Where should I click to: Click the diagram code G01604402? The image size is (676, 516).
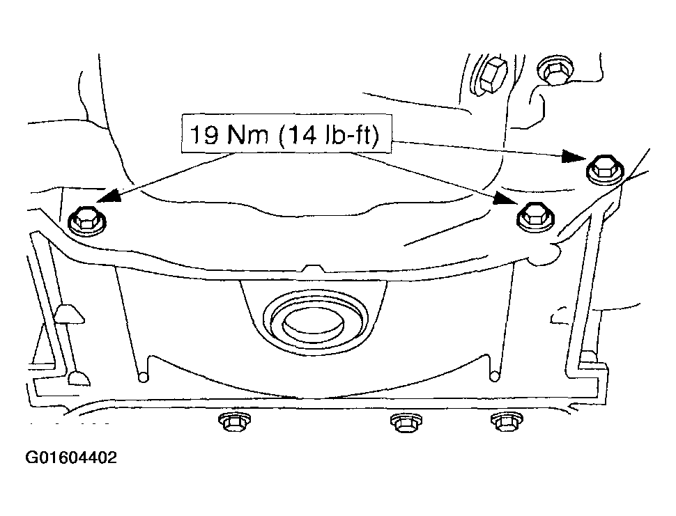[71, 457]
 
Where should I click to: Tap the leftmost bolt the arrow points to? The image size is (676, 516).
[87, 221]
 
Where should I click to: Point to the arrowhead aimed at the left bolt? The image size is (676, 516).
[108, 196]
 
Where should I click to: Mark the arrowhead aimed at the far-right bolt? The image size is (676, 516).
[574, 156]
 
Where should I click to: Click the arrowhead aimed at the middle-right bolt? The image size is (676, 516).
[507, 198]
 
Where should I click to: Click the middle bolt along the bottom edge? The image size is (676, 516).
[406, 423]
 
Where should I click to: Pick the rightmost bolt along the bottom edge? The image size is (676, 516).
[507, 422]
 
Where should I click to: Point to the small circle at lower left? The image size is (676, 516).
[143, 377]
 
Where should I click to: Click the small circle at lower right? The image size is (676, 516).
[495, 377]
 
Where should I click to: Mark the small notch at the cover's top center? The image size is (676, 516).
[314, 268]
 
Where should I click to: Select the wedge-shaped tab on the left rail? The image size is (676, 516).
[69, 314]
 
